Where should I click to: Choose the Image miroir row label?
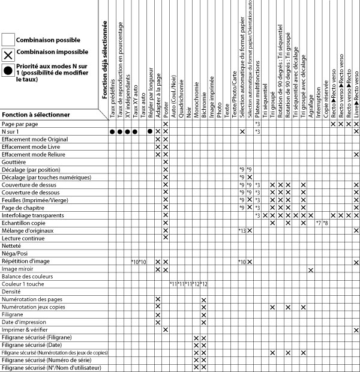pos(17,269)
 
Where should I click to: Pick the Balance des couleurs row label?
pos(27,276)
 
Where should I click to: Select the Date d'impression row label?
pos(23,322)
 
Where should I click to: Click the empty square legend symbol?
pos(8,39)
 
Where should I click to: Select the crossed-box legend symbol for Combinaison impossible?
pos(8,55)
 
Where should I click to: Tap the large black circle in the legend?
pos(8,70)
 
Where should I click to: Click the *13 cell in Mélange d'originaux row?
pos(242,230)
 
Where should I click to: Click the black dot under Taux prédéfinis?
pos(112,131)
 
